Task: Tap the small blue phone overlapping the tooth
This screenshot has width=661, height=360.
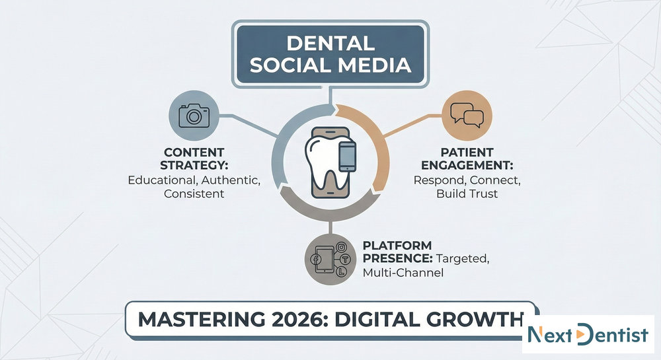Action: coord(348,157)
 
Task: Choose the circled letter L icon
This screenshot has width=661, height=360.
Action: coord(342,271)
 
